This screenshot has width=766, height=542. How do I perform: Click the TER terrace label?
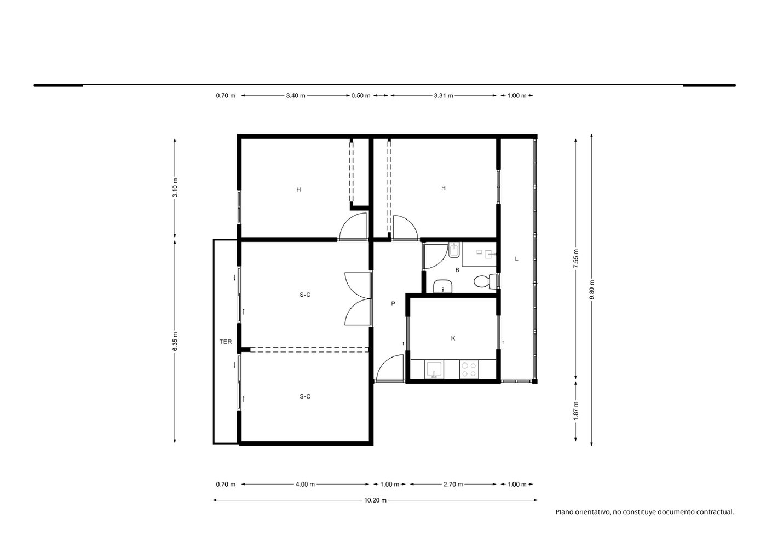tap(226, 342)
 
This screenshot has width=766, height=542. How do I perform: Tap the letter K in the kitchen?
tap(453, 338)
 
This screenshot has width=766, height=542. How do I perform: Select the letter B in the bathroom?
tap(457, 270)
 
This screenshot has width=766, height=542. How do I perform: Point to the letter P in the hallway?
tap(393, 303)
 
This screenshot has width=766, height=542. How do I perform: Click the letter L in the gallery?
tap(516, 259)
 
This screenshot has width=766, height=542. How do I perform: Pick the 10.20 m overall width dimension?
tap(375, 500)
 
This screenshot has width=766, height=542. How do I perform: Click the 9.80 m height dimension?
tap(592, 290)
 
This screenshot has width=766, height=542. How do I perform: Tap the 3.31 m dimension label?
tap(444, 96)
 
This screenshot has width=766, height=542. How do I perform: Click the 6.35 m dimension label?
tap(175, 341)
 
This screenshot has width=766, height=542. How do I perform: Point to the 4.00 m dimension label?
tap(305, 484)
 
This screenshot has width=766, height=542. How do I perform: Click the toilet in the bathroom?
tap(485, 281)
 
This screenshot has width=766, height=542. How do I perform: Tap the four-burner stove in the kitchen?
tap(469, 370)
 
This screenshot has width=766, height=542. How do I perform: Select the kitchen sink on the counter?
tap(434, 370)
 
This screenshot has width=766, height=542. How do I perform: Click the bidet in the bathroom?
tap(454, 250)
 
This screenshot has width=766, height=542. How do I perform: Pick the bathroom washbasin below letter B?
tap(443, 286)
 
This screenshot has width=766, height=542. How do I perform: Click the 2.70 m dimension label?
tap(453, 484)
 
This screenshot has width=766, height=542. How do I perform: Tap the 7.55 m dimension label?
tap(576, 258)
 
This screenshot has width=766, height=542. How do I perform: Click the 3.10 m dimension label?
tap(175, 188)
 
